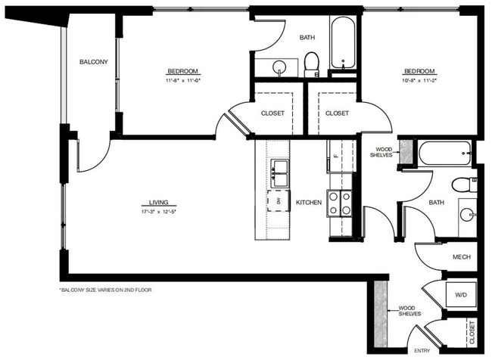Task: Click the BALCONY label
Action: pos(94,62)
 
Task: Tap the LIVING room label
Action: pos(158,203)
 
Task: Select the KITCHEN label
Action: pos(309,203)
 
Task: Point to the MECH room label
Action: pos(462,257)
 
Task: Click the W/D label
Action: pos(461,294)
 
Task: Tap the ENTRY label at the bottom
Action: pos(422,351)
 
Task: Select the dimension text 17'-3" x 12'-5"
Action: pos(158,212)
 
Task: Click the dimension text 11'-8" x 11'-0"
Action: pos(182,79)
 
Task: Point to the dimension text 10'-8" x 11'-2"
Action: pos(419,79)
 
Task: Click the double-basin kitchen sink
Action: pos(279,173)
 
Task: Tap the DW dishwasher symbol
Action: pos(279,200)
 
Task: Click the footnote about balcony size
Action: pos(105,290)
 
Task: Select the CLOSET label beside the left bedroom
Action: pos(272,113)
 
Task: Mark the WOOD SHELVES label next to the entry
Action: pos(409,311)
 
